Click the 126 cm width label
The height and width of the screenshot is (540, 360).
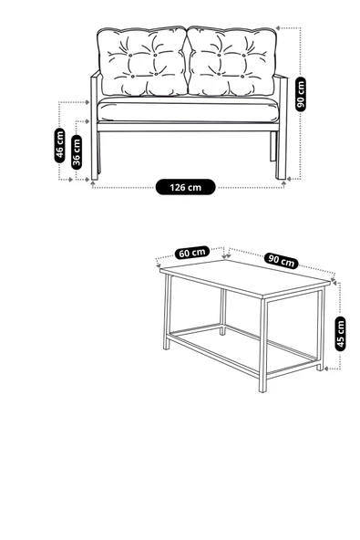pyautogui.click(x=186, y=187)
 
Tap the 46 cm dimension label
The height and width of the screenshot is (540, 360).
pyautogui.click(x=60, y=145)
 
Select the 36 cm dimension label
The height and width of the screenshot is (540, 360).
pyautogui.click(x=77, y=151)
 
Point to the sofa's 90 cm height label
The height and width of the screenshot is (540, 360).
pyautogui.click(x=301, y=94)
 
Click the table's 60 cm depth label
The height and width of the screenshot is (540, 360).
pyautogui.click(x=192, y=253)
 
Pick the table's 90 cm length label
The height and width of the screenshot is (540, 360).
pyautogui.click(x=282, y=261)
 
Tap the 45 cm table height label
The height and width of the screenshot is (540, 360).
pyautogui.click(x=340, y=334)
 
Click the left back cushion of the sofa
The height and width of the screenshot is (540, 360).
pyautogui.click(x=142, y=61)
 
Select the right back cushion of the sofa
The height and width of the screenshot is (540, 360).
pyautogui.click(x=231, y=61)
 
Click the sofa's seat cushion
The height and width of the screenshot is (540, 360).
pyautogui.click(x=188, y=109)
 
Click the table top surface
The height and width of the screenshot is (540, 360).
pyautogui.click(x=245, y=277)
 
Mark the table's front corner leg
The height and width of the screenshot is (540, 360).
pyautogui.click(x=263, y=345)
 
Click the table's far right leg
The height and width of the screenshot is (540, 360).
pyautogui.click(x=321, y=329)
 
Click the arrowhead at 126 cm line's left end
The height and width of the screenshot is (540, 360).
pyautogui.click(x=93, y=184)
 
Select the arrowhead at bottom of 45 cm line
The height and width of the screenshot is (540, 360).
pyautogui.click(x=328, y=369)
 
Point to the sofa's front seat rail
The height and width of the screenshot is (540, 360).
pyautogui.click(x=188, y=127)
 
